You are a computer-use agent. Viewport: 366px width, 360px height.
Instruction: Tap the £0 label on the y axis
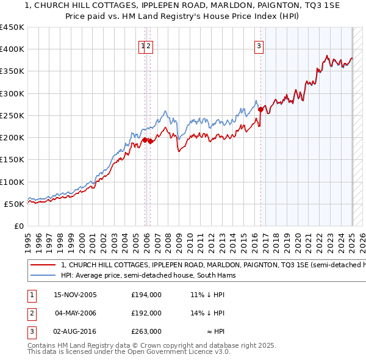(x=19, y=226)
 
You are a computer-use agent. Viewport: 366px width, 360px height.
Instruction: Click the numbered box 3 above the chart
(x=259, y=45)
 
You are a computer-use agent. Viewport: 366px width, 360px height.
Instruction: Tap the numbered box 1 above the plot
(x=143, y=45)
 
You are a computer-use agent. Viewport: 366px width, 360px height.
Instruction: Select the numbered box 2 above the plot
(x=149, y=45)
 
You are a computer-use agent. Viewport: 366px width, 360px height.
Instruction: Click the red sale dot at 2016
(x=260, y=110)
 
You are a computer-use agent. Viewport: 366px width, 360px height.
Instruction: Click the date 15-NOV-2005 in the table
(x=75, y=294)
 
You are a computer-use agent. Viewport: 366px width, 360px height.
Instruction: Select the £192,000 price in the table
(x=146, y=313)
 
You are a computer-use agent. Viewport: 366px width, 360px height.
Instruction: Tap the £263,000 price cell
(x=146, y=332)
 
